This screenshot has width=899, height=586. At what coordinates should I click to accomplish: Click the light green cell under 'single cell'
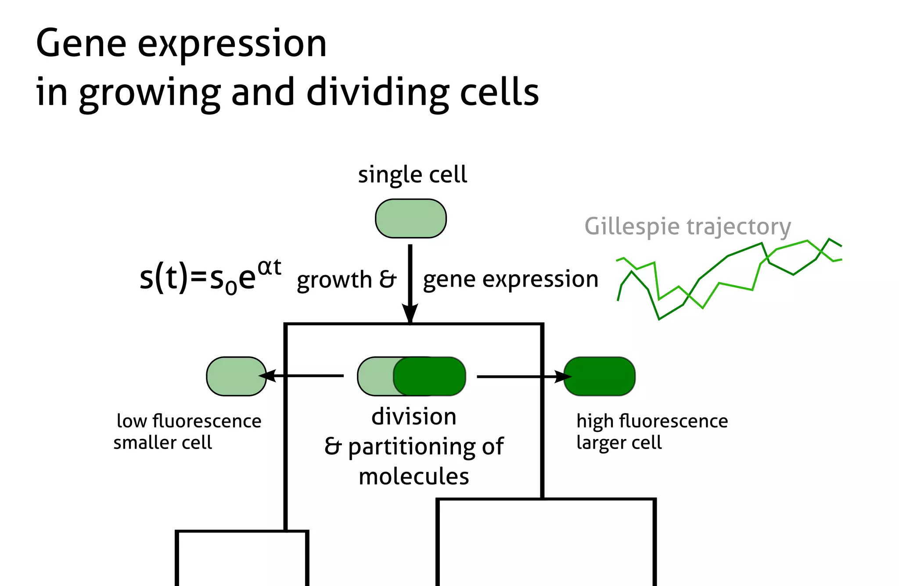[410, 219]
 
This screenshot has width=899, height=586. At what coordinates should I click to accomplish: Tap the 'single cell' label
[412, 175]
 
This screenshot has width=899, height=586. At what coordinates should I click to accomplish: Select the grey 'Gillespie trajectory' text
[687, 227]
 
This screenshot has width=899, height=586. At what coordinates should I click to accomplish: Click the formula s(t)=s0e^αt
[210, 277]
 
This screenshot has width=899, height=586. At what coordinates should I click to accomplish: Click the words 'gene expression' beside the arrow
[511, 279]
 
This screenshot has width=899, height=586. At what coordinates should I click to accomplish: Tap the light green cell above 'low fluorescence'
[236, 376]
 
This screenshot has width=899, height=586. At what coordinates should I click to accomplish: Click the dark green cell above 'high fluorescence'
[600, 376]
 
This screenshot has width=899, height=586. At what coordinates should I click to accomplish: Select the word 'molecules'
[414, 477]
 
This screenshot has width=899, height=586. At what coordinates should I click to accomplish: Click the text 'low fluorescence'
[189, 421]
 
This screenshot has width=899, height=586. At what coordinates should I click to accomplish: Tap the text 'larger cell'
[619, 442]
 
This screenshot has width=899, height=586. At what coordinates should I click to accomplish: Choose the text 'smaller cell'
[162, 442]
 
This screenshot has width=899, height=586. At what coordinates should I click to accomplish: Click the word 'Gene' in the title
[81, 43]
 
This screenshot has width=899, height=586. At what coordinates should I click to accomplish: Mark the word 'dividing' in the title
[377, 93]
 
